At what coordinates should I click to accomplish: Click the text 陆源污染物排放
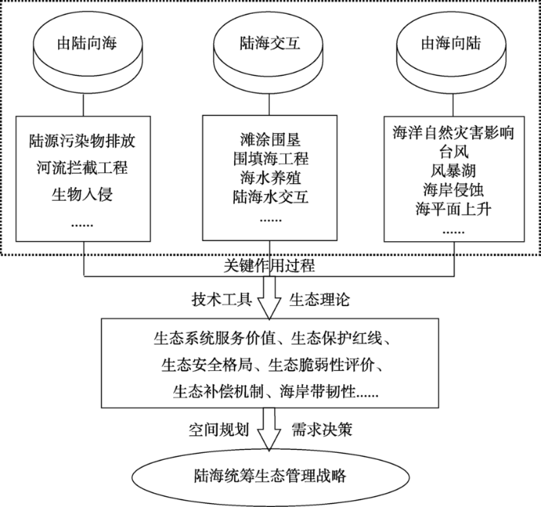(83, 141)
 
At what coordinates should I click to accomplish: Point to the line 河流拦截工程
(83, 168)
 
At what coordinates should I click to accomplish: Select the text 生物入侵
(83, 194)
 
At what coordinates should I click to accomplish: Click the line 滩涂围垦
(270, 140)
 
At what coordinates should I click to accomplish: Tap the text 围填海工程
(270, 158)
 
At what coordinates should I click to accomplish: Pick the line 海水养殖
(270, 178)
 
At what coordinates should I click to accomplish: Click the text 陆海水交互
(270, 197)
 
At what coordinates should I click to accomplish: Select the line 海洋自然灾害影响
(454, 133)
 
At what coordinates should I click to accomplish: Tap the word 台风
(454, 151)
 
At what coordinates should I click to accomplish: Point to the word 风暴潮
(454, 171)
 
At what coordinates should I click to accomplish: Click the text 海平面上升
(454, 209)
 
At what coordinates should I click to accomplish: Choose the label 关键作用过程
(269, 266)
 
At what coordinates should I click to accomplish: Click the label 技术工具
(222, 300)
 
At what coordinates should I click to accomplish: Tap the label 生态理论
(319, 300)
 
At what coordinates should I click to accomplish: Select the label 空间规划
(219, 430)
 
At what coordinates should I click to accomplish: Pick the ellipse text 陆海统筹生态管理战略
(270, 476)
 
